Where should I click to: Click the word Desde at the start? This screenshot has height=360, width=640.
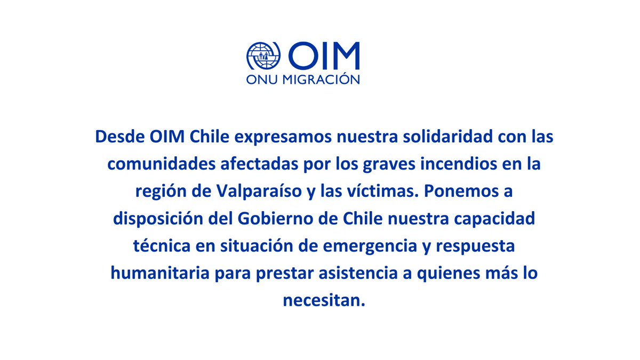117,137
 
